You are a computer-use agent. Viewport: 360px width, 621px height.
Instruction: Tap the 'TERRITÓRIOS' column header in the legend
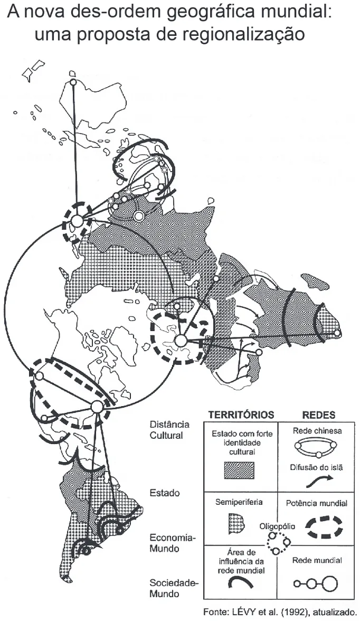click(241, 415)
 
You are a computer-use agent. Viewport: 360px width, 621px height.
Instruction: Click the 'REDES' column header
click(318, 415)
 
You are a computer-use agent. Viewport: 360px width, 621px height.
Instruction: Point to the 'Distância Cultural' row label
click(169, 430)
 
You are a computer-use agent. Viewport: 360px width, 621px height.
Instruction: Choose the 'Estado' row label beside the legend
click(164, 493)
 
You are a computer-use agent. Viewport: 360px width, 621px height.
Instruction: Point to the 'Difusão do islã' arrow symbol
click(319, 481)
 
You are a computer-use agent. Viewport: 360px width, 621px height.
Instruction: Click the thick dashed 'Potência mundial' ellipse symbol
click(324, 526)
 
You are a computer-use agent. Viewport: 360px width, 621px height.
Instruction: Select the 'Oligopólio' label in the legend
click(277, 527)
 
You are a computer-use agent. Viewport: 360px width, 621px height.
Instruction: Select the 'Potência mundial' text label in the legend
click(317, 503)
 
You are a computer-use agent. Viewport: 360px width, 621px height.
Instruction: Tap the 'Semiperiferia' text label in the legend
click(239, 502)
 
